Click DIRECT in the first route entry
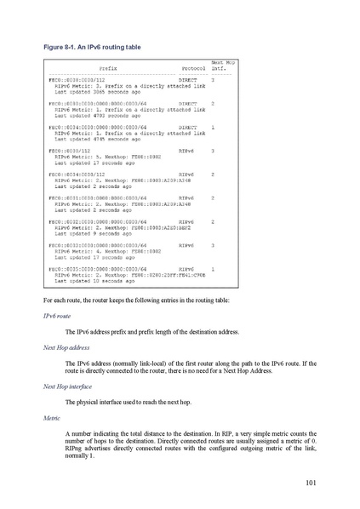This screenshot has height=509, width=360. click(188, 80)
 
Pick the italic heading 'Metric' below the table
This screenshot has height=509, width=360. click(53, 418)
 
